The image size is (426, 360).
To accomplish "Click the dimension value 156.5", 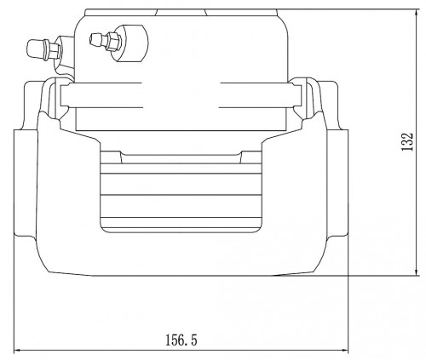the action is [x=181, y=340].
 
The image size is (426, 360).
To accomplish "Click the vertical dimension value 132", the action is [x=406, y=142].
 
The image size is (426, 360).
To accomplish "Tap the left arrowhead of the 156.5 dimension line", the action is [x=18, y=351].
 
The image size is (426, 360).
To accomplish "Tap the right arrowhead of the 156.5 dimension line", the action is [x=344, y=351].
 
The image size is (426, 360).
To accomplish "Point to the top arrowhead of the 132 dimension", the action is [x=417, y=13].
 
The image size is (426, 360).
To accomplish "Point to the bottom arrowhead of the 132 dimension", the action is [x=417, y=271].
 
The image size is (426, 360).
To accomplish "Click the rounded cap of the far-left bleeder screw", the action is [x=35, y=49].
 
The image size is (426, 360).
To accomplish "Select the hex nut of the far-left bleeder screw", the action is [x=55, y=51].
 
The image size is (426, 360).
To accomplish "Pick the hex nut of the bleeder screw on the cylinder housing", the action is [x=113, y=42].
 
